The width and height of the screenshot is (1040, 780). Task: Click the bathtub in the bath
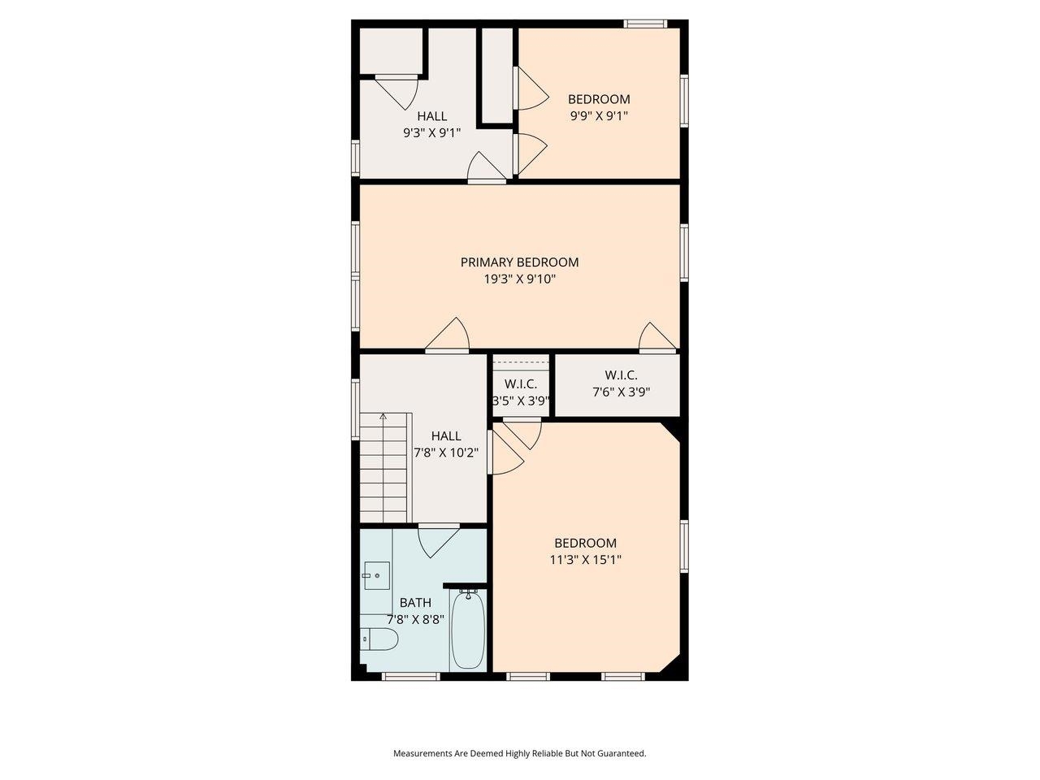[467, 630]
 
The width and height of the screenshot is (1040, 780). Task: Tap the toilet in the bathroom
[379, 640]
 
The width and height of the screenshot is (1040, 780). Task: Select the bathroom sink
[375, 576]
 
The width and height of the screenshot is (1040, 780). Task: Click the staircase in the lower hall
[384, 468]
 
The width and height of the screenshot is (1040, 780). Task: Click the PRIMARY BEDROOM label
[519, 262]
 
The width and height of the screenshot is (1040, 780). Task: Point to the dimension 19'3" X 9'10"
[519, 279]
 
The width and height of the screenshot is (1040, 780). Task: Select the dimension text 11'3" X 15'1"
[585, 560]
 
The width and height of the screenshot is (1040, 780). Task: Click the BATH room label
[415, 603]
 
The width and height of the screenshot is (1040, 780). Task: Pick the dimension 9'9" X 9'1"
[599, 116]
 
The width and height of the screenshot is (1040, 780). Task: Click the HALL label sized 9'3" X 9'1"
[431, 133]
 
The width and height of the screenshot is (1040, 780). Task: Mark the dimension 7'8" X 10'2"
[446, 453]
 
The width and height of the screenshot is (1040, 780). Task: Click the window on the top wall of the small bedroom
[645, 24]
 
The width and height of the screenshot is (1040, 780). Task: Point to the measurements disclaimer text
[519, 753]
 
